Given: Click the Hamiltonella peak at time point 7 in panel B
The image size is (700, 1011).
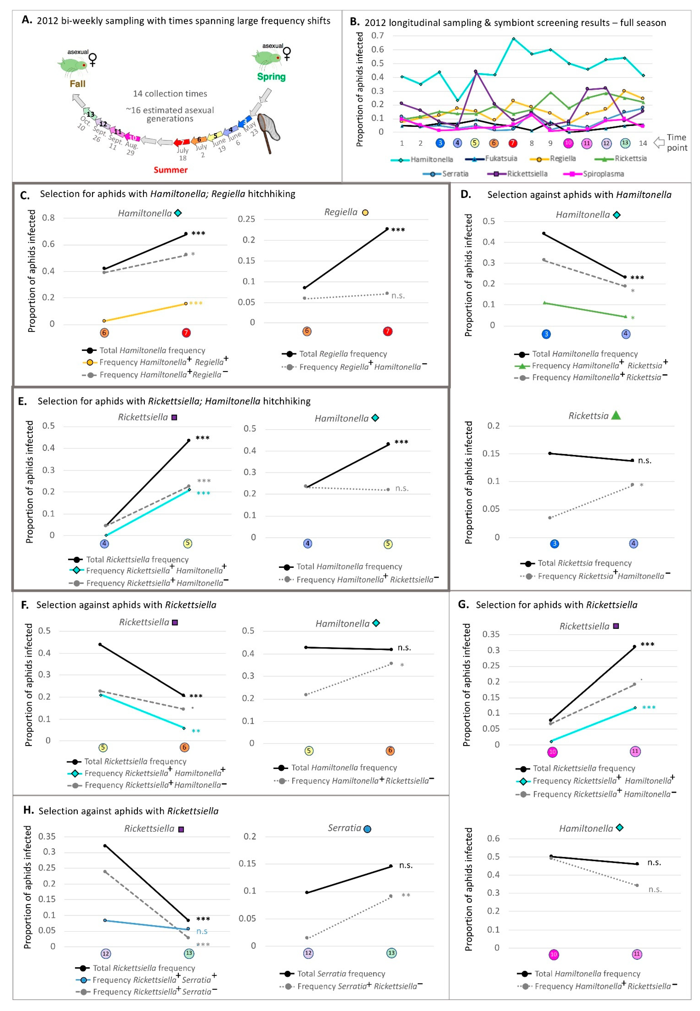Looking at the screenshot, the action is point(513,39).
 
